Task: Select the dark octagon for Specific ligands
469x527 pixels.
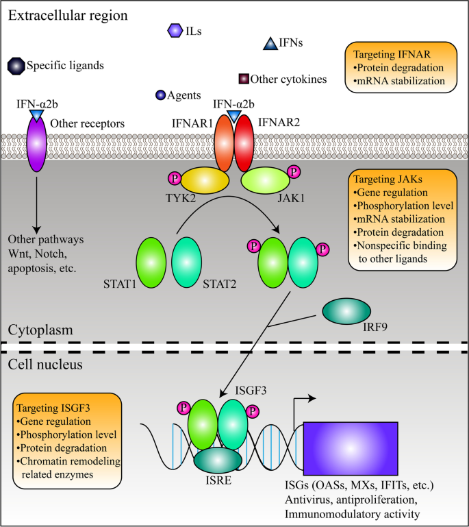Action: point(14,66)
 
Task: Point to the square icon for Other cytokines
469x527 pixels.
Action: point(243,79)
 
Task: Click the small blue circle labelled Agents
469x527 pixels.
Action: point(161,95)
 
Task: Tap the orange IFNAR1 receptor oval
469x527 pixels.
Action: point(225,140)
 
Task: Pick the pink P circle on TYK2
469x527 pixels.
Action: point(174,179)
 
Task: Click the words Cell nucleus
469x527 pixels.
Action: point(45,365)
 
